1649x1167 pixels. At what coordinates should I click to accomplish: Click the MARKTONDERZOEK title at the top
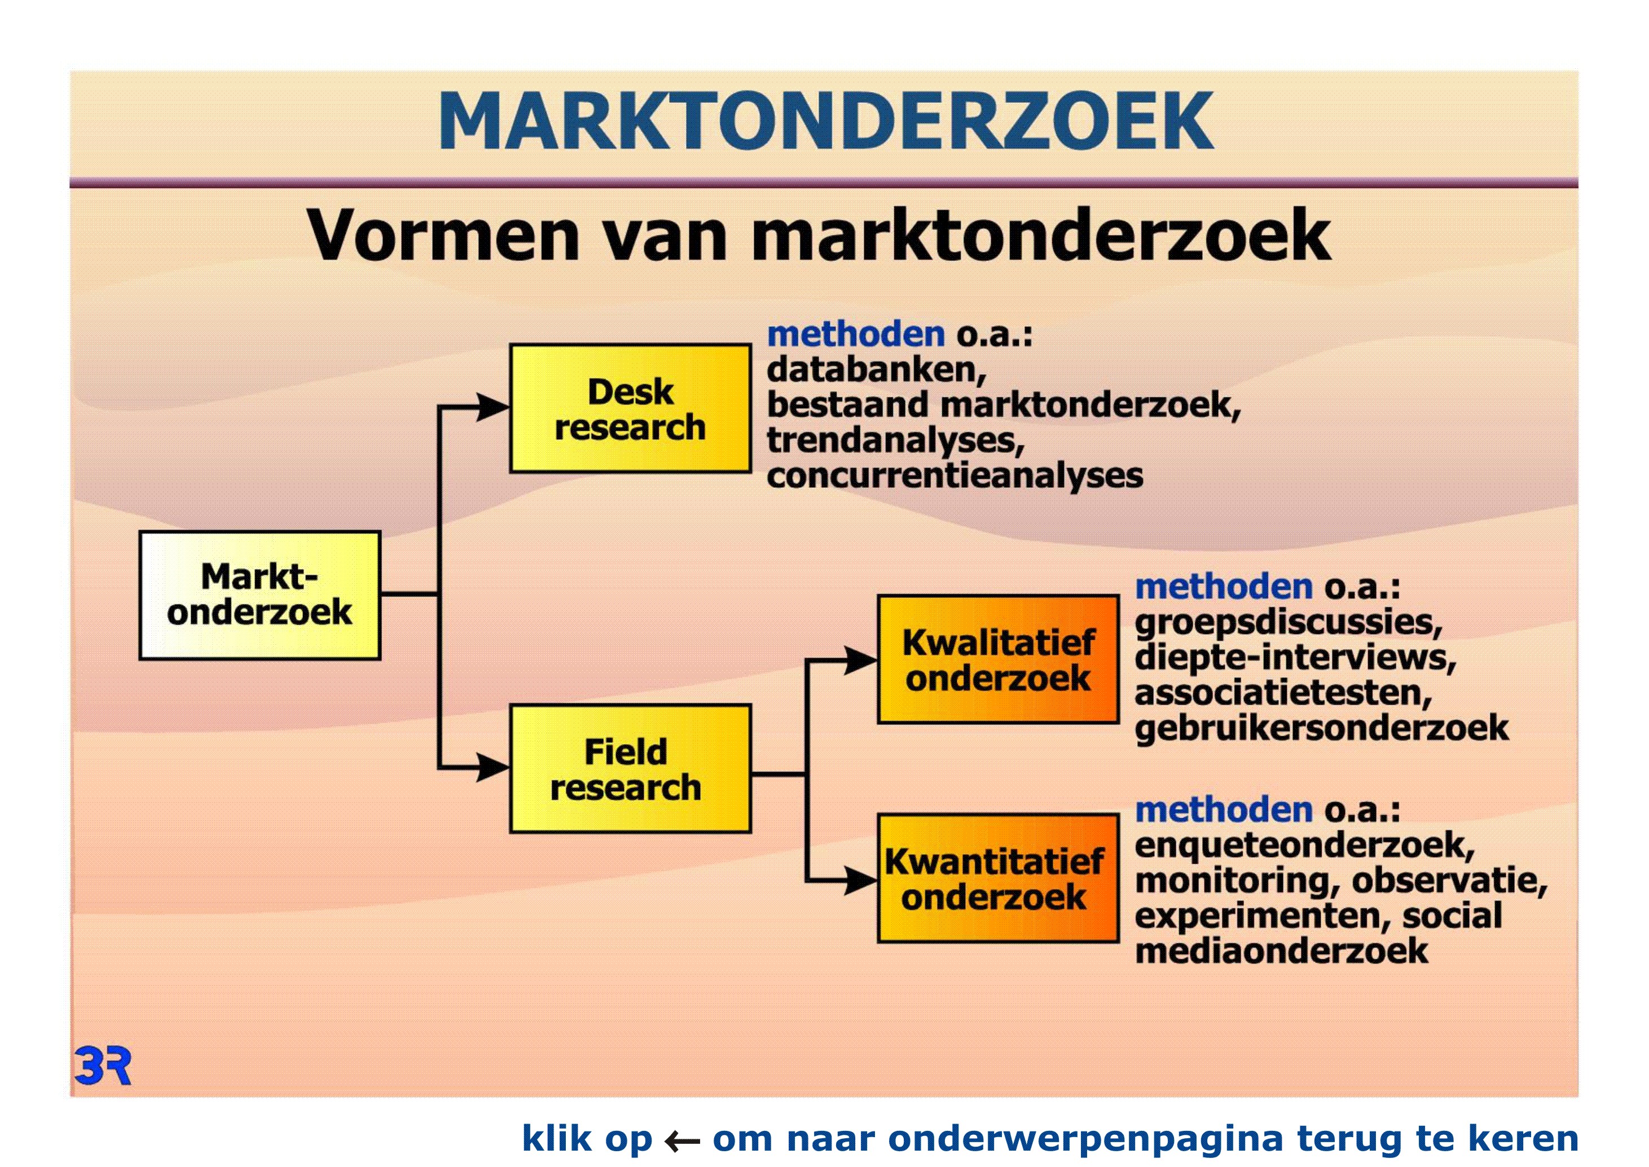[x=826, y=121]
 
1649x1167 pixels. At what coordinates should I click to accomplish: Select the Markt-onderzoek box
[x=260, y=595]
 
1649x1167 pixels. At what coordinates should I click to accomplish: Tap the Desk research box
[x=631, y=408]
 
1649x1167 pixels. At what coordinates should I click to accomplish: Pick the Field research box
[x=631, y=769]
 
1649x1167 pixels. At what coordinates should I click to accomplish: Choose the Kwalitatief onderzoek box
[x=999, y=659]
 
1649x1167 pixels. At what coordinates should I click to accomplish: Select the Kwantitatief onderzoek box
[x=999, y=878]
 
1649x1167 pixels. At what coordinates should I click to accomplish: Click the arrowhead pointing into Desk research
[x=494, y=408]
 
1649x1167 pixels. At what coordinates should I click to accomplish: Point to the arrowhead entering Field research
[x=494, y=767]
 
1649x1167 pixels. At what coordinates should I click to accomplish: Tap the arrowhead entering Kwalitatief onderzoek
[x=861, y=659]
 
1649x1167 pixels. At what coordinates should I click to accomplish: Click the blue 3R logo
[x=103, y=1066]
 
